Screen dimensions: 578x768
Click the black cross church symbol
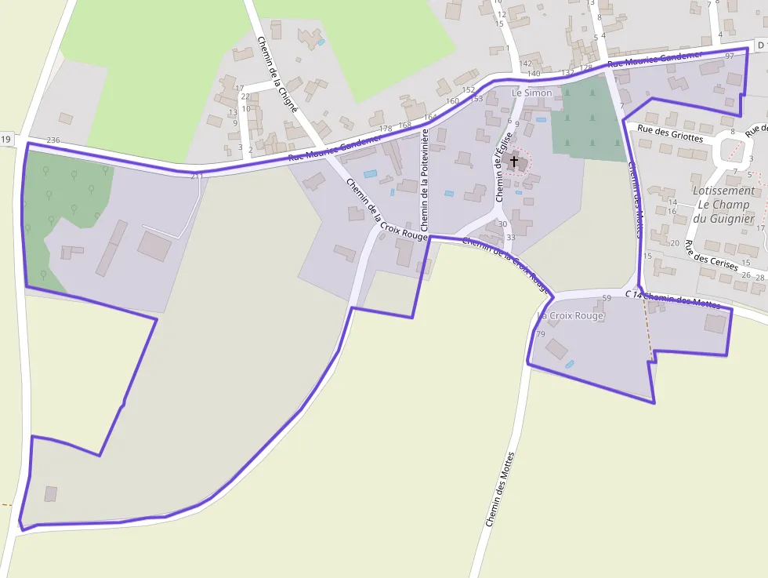tap(514, 162)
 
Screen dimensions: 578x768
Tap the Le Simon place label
tap(531, 93)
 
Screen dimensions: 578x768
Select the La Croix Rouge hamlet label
tap(571, 316)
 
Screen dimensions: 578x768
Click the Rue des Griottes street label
tap(670, 133)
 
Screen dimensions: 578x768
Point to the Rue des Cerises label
tap(711, 256)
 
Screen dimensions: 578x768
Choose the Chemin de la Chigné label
tap(277, 74)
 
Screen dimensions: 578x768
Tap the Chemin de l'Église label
tap(502, 166)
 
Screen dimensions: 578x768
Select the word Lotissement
tap(723, 191)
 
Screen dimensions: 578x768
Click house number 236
tap(53, 140)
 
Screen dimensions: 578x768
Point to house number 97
tap(730, 56)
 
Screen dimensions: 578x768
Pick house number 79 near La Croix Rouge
tap(540, 334)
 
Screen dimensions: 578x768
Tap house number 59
tap(607, 298)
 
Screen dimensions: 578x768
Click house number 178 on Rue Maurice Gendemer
tap(385, 129)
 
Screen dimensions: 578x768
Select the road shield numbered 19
tap(6, 140)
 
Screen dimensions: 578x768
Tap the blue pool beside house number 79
tap(569, 364)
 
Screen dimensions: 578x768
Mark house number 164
tap(430, 118)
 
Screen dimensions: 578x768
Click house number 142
tap(526, 64)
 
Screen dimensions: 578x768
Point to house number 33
tap(511, 237)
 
